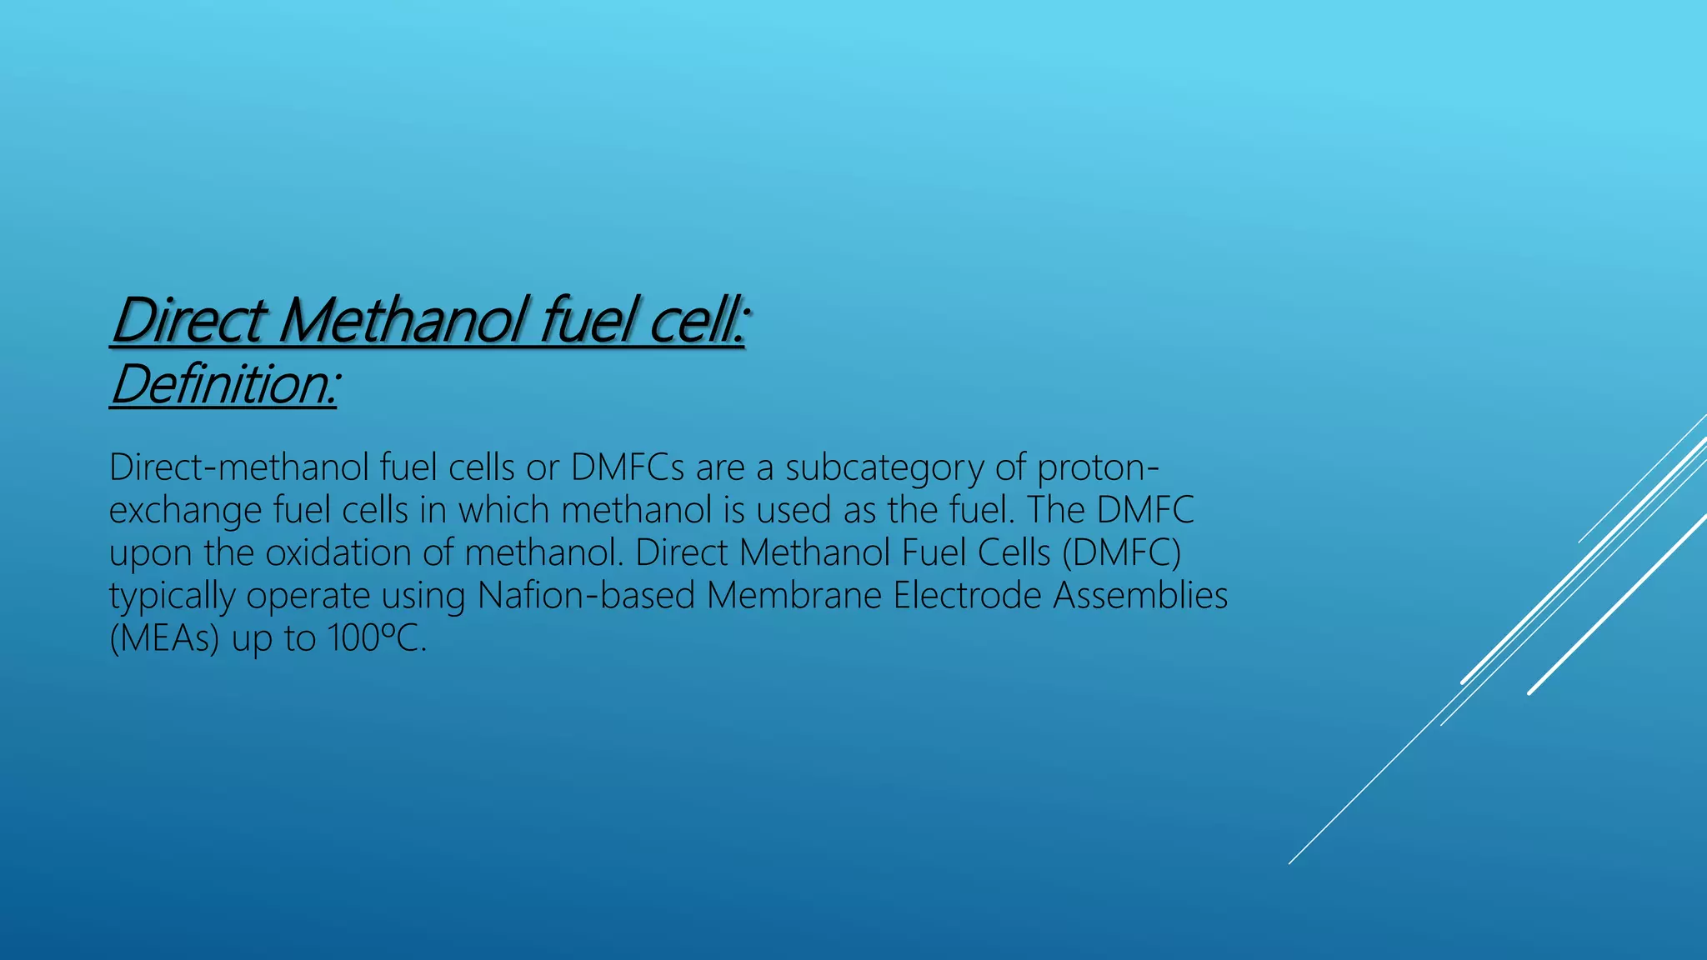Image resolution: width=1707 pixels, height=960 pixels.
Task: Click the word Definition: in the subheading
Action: click(x=223, y=385)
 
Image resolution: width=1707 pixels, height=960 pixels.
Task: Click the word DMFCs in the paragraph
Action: click(x=628, y=467)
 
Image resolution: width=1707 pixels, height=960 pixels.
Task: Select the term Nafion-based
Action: click(x=586, y=596)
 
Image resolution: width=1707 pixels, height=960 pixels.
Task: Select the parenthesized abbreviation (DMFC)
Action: click(x=1121, y=553)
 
